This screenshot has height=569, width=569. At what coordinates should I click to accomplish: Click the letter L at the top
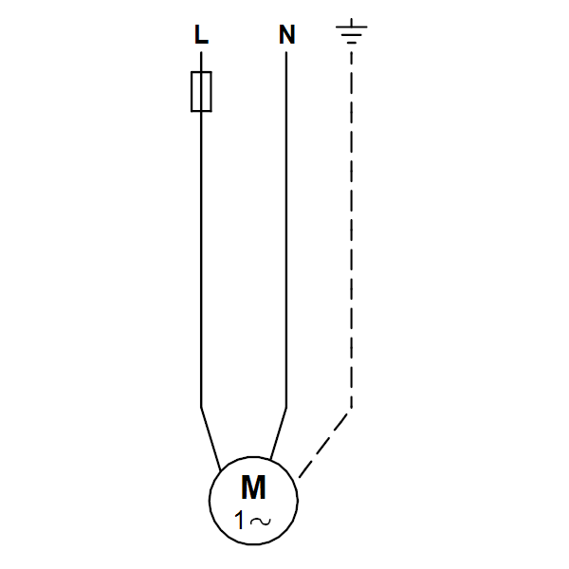click(201, 34)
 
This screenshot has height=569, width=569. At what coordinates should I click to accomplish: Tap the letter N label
click(286, 34)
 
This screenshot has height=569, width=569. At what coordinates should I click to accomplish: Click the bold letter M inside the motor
click(253, 488)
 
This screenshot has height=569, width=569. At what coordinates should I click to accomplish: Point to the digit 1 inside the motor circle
click(240, 521)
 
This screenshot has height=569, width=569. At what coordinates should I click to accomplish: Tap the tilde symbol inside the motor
click(260, 522)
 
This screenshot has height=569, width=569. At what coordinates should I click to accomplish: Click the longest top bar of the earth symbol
click(351, 27)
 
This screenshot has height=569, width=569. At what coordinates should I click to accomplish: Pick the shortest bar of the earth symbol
click(351, 43)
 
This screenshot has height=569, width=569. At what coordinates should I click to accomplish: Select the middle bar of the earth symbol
click(351, 35)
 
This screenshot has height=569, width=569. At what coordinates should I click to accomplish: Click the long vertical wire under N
click(286, 229)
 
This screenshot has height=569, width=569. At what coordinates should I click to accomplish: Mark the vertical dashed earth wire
click(351, 229)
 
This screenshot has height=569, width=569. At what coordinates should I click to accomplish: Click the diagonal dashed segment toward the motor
click(324, 445)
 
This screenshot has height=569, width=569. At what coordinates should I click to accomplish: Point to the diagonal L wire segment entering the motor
click(211, 439)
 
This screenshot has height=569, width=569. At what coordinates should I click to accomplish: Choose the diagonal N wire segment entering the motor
click(278, 433)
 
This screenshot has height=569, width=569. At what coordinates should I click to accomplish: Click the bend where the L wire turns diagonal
click(201, 407)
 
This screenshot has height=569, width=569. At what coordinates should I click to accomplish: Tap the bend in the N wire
click(286, 408)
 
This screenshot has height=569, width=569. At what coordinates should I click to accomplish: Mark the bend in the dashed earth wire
click(351, 410)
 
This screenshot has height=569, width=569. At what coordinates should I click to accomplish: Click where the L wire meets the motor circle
click(220, 471)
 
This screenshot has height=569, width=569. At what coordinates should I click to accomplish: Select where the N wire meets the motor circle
click(270, 460)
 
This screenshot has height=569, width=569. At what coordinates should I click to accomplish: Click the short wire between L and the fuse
click(201, 62)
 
